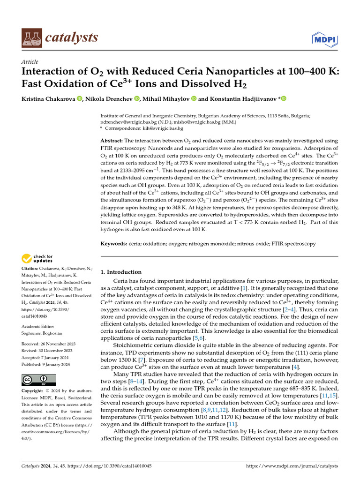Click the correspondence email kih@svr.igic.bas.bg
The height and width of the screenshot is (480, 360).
point(163,128)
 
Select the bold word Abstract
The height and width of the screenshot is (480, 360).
point(112,141)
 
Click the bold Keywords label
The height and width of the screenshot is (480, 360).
point(114,244)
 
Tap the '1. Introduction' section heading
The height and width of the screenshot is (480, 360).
point(121,272)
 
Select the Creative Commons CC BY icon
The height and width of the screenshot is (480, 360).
point(38,380)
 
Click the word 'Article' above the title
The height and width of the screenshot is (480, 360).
point(30,62)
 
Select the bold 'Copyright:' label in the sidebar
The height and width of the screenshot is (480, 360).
point(35,390)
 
